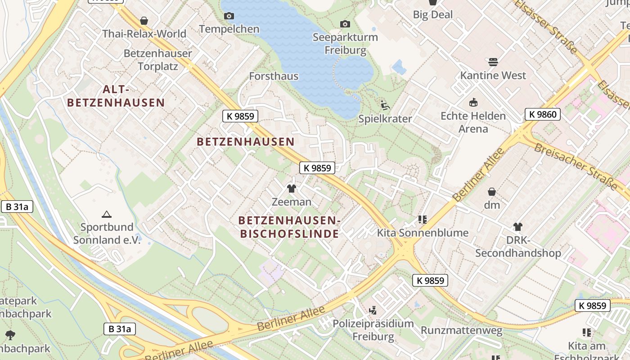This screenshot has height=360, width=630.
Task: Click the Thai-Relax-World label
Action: coord(144,34)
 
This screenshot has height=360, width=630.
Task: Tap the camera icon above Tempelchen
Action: coord(229,16)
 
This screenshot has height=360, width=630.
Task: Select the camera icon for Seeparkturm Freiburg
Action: coord(345,24)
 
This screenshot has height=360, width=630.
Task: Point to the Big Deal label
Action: coord(432,14)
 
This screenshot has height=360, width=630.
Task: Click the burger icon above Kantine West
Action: coord(493,62)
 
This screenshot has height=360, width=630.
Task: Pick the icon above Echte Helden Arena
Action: coord(473,103)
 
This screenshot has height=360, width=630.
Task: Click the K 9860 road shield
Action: coord(543,114)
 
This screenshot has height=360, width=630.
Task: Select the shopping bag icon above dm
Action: coord(492,192)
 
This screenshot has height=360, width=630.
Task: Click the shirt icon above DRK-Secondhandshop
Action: coord(518,227)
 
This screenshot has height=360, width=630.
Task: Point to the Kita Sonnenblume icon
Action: coord(422,220)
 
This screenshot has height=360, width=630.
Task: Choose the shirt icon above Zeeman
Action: coord(292,189)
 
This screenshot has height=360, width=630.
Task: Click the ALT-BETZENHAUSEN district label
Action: coord(116,96)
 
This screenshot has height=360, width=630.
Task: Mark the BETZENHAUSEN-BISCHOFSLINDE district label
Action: coord(289,227)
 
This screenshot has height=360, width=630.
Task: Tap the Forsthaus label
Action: coord(274,76)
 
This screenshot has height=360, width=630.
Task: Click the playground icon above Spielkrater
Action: coord(385,105)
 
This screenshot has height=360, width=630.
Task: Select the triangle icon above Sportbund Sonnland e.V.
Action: coord(107,214)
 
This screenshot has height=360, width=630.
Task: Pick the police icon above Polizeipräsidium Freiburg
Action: coord(373,310)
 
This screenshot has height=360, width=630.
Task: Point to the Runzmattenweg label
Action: coord(461,331)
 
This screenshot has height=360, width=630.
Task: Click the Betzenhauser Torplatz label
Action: coord(157,60)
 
